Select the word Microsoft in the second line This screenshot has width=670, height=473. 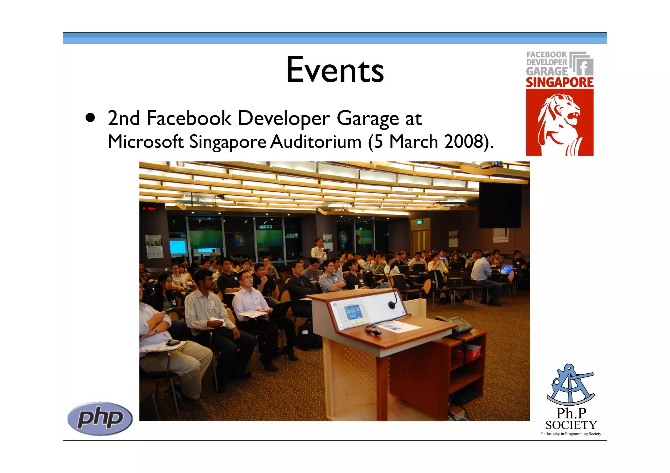point(146,142)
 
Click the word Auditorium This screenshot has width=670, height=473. point(316,142)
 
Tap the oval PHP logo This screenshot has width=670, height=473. point(100,418)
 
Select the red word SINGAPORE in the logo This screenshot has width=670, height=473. point(559,82)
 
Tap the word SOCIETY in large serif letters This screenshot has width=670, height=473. point(571,425)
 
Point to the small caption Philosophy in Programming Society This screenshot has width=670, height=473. point(571,434)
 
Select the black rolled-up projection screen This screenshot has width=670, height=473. point(500,205)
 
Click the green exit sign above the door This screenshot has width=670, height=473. point(419,222)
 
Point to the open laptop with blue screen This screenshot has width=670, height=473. point(506,269)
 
